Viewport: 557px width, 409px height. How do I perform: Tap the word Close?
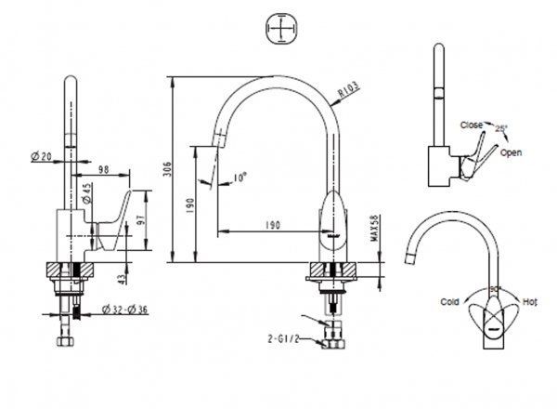471,125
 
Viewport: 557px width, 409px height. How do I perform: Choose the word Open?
511,152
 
